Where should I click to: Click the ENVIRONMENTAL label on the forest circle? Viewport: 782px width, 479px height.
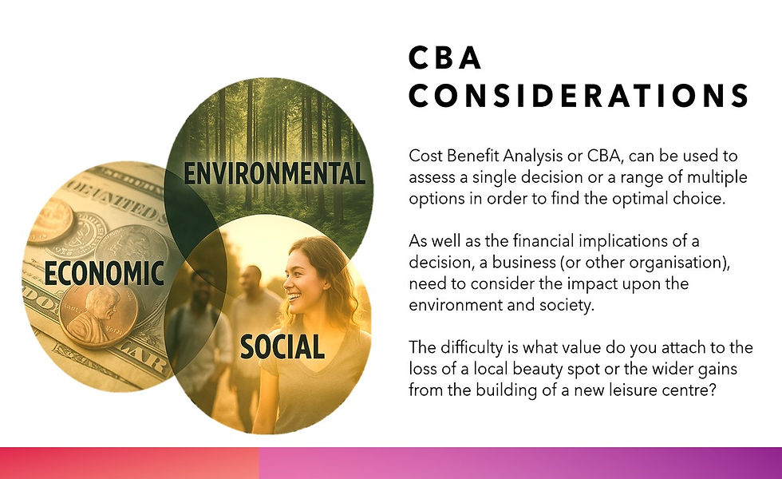[274, 173]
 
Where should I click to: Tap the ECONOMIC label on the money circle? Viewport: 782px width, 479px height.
[104, 273]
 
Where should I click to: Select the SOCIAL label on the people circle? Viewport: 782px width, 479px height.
[282, 346]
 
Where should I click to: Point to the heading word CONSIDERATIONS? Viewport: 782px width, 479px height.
[579, 96]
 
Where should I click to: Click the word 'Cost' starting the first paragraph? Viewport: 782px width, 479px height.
[424, 156]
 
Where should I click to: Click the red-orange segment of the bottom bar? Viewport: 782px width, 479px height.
[128, 463]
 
